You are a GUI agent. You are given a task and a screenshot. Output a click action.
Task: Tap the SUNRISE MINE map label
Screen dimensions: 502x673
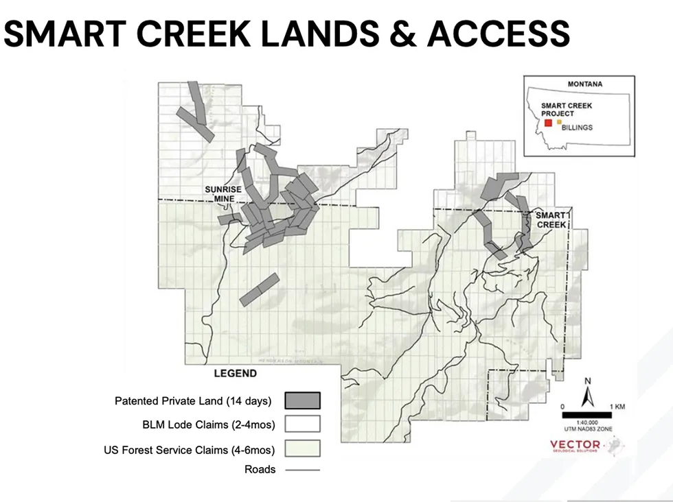click(x=220, y=194)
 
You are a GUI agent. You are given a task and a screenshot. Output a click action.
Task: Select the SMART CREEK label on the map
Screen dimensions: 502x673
click(x=551, y=219)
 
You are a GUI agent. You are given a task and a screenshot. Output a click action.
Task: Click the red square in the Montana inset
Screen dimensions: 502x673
click(x=547, y=123)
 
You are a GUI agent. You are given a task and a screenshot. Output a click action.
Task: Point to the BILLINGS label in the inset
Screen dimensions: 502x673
click(x=577, y=128)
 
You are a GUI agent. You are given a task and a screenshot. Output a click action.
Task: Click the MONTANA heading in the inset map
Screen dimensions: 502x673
click(x=584, y=84)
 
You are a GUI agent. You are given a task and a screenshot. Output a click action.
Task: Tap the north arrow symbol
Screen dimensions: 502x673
click(x=587, y=396)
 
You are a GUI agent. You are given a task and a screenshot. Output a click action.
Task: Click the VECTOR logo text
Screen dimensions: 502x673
click(x=575, y=445)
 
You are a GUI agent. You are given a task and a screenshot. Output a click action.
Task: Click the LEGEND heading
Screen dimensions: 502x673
click(x=235, y=374)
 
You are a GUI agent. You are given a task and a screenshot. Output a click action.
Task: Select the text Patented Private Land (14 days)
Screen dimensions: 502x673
click(x=193, y=401)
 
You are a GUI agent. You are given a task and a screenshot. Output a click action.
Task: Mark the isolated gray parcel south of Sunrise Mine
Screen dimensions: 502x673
click(x=260, y=289)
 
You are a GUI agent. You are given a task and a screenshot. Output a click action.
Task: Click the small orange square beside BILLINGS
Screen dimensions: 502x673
click(x=559, y=121)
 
